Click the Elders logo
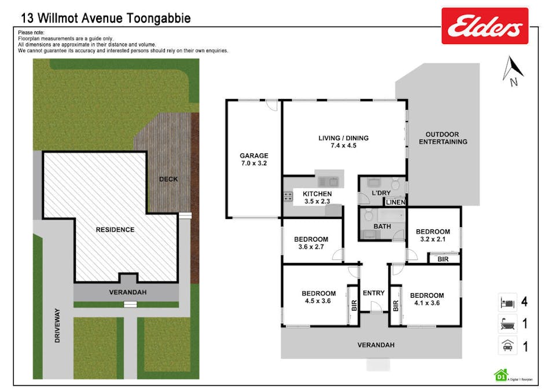pyautogui.click(x=485, y=26)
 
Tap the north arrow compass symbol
pyautogui.click(x=513, y=71)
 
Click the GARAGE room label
pyautogui.click(x=254, y=155)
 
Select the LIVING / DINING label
pyautogui.click(x=343, y=138)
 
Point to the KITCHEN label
pyautogui.click(x=317, y=193)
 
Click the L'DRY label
pyautogui.click(x=382, y=193)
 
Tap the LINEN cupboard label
pyautogui.click(x=395, y=202)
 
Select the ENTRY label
pyautogui.click(x=373, y=293)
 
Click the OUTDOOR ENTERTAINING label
pyautogui.click(x=443, y=138)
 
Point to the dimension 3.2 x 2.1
pyautogui.click(x=432, y=239)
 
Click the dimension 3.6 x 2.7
pyautogui.click(x=311, y=247)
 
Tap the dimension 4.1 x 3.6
pyautogui.click(x=427, y=302)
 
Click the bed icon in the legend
pyautogui.click(x=506, y=302)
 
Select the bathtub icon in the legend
pyautogui.click(x=506, y=324)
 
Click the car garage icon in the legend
pyautogui.click(x=506, y=346)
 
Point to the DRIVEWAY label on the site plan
pyautogui.click(x=57, y=330)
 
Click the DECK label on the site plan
pyautogui.click(x=168, y=179)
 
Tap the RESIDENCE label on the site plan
pyautogui.click(x=115, y=229)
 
